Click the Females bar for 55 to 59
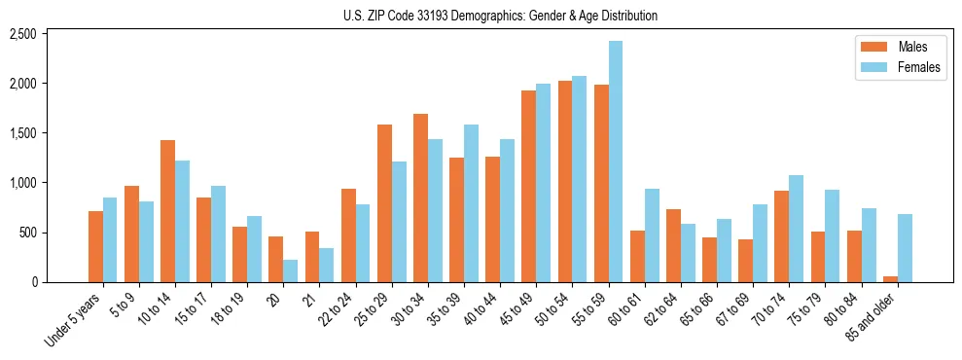pyautogui.click(x=616, y=162)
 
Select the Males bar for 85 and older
pyautogui.click(x=890, y=278)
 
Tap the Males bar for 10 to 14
pyautogui.click(x=167, y=211)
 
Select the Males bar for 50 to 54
pyautogui.click(x=565, y=181)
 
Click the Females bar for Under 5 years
pyautogui.click(x=110, y=239)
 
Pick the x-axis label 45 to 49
pyautogui.click(x=519, y=306)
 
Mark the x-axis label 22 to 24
pyautogui.click(x=339, y=306)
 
